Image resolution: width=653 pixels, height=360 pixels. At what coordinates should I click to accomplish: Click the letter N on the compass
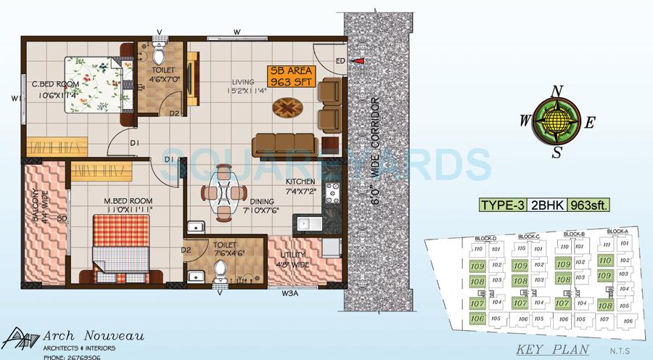557,91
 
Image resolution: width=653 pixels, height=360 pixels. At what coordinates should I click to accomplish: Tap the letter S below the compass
557,152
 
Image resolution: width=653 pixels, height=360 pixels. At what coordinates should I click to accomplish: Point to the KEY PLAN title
546,349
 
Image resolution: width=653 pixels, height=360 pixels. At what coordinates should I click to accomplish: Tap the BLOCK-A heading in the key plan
617,232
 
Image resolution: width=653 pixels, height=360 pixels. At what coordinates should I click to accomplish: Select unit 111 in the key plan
607,245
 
